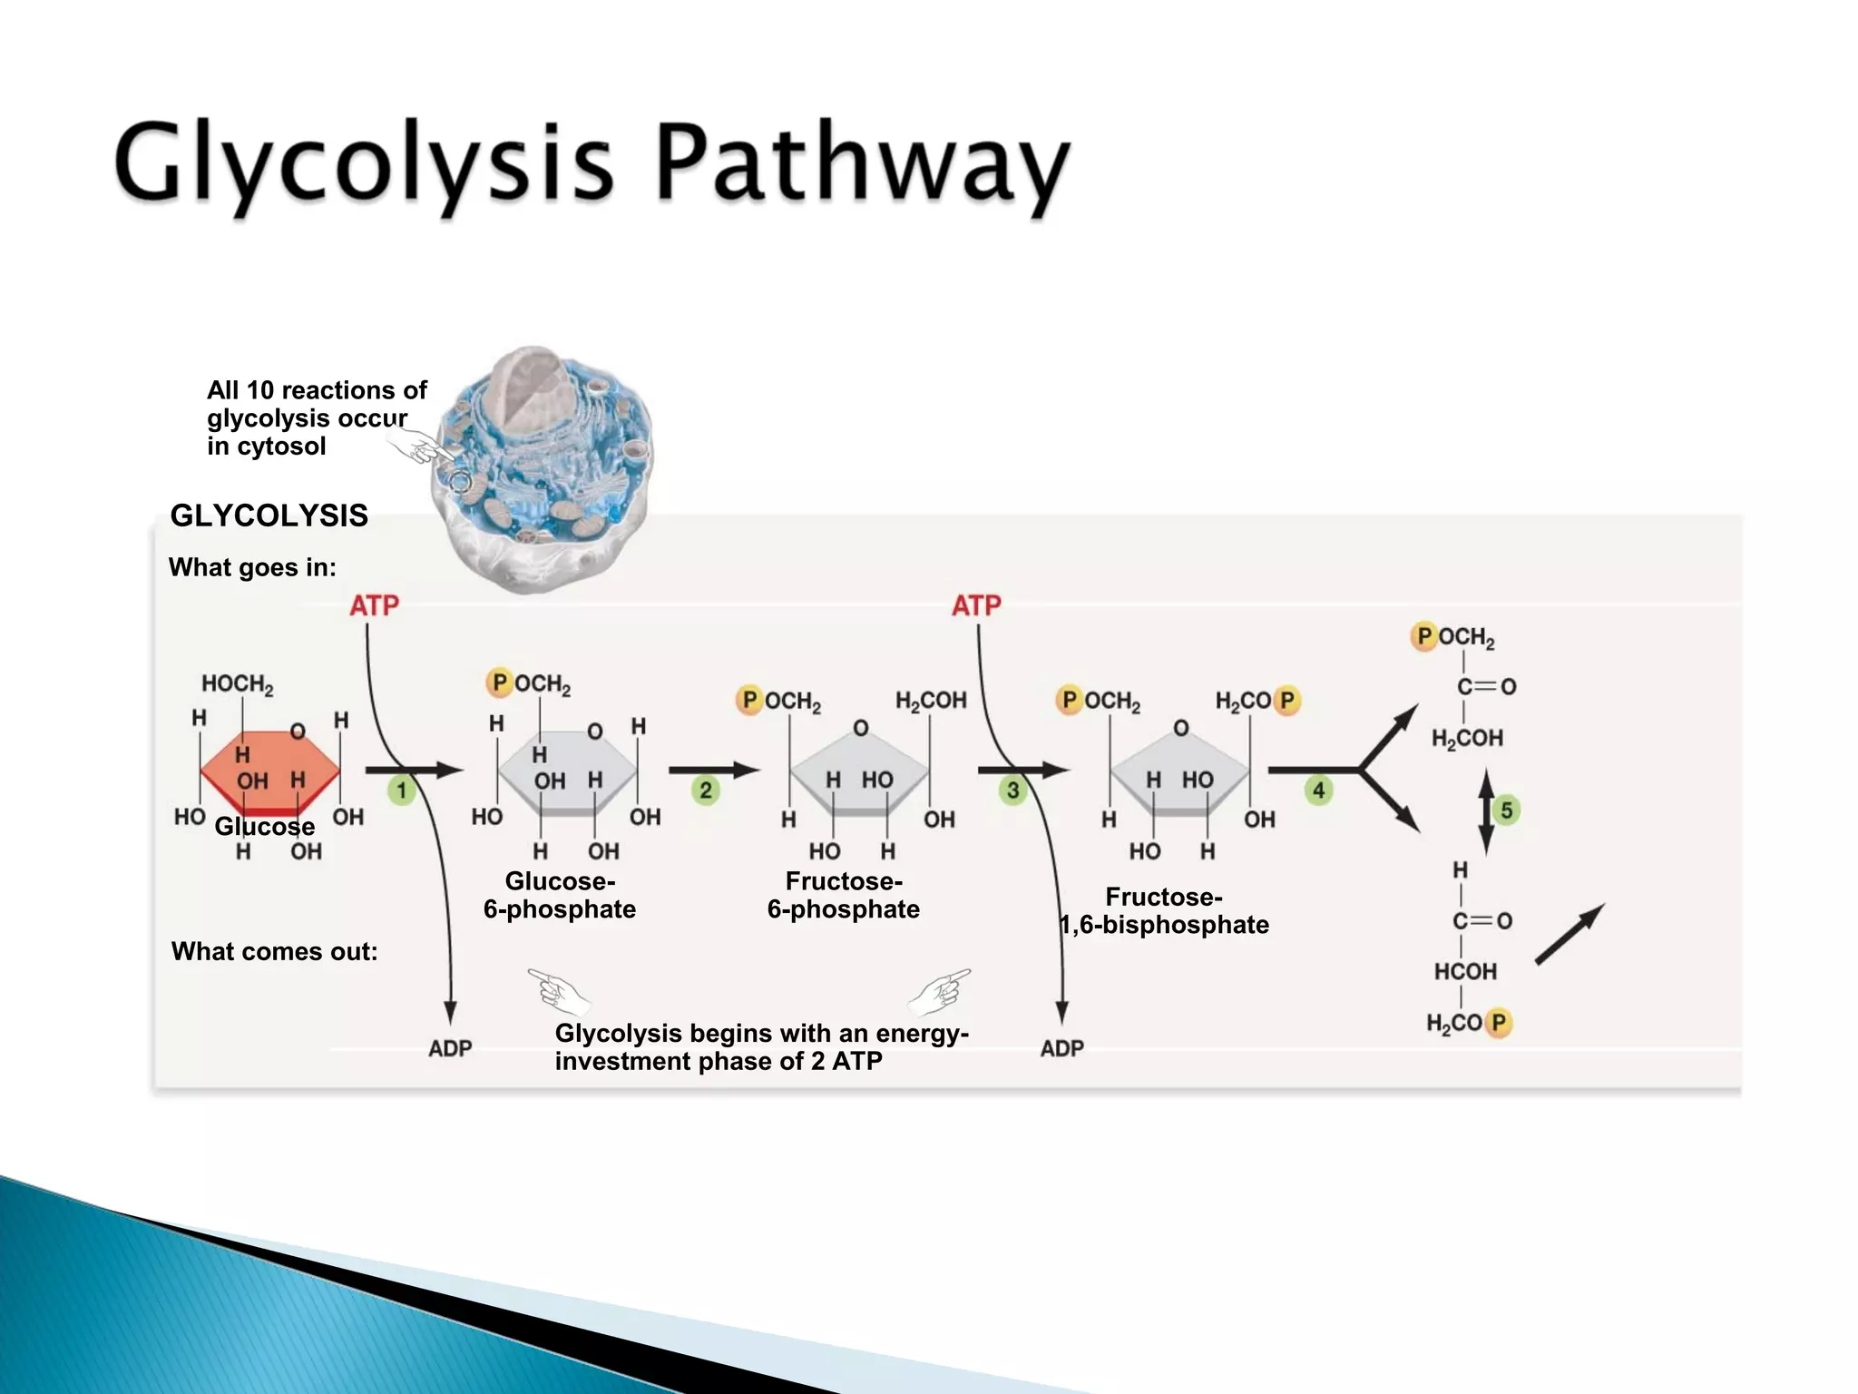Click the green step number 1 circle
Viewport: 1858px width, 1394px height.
[x=402, y=790]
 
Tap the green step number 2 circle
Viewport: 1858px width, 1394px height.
[x=706, y=790]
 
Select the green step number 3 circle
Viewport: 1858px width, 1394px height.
[x=1013, y=790]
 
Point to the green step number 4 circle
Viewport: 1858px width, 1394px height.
[x=1319, y=790]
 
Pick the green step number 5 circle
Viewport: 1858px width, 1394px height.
[x=1507, y=810]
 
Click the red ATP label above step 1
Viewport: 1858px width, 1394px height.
[x=374, y=605]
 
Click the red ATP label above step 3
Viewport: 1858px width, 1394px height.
[x=976, y=605]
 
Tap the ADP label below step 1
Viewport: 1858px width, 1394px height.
[x=450, y=1048]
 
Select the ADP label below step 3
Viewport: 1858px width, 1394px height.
[x=1061, y=1048]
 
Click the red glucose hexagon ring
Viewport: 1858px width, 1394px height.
[x=269, y=771]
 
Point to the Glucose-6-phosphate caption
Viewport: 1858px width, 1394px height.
[x=560, y=895]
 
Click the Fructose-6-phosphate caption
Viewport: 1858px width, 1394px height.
[x=844, y=895]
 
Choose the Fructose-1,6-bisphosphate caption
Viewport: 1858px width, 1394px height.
[x=1164, y=911]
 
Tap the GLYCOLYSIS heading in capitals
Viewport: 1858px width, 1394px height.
[x=269, y=515]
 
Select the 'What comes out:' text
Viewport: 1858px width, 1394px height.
[x=274, y=951]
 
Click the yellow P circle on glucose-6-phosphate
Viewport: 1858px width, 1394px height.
[x=499, y=682]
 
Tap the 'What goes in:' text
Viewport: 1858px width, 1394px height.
[x=252, y=567]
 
